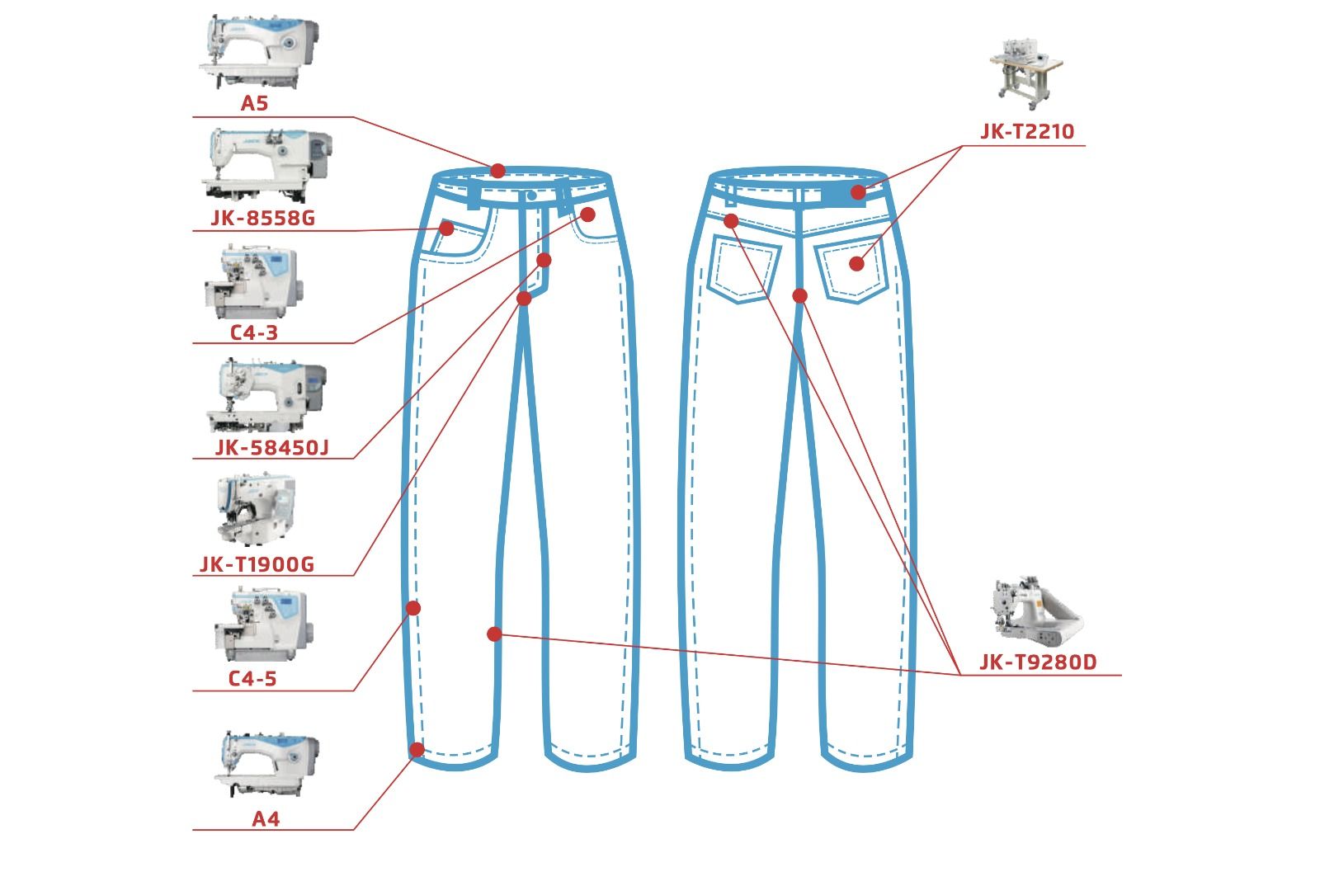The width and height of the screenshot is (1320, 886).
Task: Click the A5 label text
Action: coord(255,104)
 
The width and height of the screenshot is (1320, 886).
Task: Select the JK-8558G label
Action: coord(263,219)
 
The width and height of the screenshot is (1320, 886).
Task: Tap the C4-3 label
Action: coord(253,332)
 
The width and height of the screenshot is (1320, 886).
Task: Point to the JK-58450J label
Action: coord(271,448)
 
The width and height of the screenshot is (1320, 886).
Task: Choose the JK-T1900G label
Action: coord(257,564)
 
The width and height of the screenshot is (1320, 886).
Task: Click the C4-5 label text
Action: coord(252,679)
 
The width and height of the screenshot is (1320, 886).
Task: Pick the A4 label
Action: coord(266,819)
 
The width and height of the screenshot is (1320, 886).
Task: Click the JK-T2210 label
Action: coord(1028,131)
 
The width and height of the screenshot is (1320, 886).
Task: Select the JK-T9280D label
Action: coord(1039,662)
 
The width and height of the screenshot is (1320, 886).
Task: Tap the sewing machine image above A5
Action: coord(259,52)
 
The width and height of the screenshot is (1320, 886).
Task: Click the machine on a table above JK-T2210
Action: coord(1026,73)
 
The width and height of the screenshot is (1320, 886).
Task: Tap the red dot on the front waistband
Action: coord(498,171)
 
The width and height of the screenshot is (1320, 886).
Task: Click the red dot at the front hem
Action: coord(417,750)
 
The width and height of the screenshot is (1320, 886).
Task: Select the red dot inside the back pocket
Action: coord(857,264)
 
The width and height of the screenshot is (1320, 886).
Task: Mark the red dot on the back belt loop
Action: coord(858,192)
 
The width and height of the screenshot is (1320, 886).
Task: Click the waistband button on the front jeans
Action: coord(531,196)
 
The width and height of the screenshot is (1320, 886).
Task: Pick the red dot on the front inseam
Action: coord(494,634)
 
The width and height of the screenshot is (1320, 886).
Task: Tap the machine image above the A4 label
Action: coord(266,764)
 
